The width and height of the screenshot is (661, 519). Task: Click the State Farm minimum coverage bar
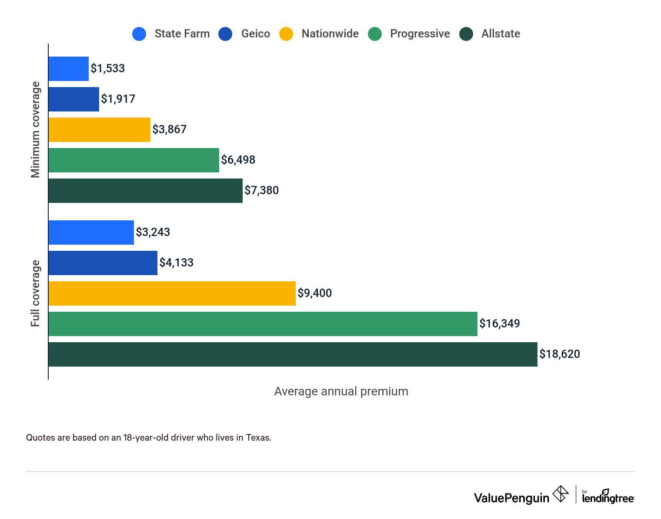point(68,69)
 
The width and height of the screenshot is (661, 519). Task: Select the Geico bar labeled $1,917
point(73,99)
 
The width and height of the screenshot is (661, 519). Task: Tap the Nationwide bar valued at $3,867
point(99,130)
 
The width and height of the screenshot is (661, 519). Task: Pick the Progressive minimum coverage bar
point(134,160)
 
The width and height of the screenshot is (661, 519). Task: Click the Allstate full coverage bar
point(293,354)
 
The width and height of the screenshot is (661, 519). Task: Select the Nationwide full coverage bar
point(172,293)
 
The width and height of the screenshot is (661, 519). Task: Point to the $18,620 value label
point(559,354)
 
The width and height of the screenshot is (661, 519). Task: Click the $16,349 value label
point(499,324)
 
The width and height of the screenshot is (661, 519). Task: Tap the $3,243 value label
point(153,232)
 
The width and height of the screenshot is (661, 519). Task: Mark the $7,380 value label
point(261,190)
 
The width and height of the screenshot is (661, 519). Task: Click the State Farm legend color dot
point(139,34)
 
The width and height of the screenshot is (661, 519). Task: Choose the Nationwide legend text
point(330,34)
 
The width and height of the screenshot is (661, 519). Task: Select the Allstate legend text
point(500,34)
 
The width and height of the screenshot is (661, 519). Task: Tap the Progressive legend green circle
point(374,34)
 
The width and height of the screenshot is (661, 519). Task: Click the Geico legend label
point(255,34)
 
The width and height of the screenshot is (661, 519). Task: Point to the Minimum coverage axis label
point(35,130)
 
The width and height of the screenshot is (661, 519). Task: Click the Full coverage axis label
point(35,293)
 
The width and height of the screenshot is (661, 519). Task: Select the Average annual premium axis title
point(341,391)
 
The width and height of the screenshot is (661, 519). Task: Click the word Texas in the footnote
point(258,438)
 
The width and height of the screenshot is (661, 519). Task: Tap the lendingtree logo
point(608,497)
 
